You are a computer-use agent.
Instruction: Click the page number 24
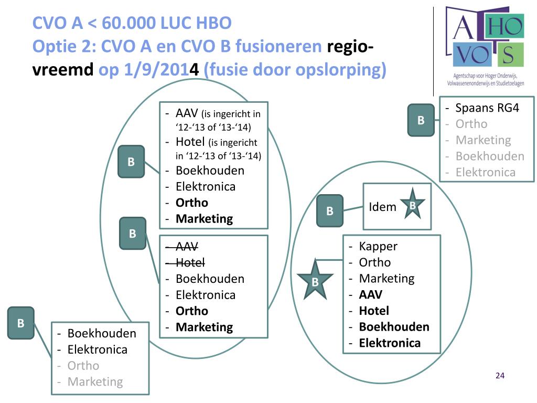(x=500, y=376)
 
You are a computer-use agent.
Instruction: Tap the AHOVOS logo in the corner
(x=485, y=45)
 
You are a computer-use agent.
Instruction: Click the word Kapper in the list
(x=378, y=246)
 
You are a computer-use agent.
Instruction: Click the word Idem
(x=383, y=207)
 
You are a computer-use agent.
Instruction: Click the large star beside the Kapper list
(x=315, y=281)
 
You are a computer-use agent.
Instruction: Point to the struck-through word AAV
(x=187, y=247)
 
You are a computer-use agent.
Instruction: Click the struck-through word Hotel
(x=190, y=262)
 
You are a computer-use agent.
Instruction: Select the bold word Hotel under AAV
(x=374, y=311)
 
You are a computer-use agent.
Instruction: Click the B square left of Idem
(x=330, y=211)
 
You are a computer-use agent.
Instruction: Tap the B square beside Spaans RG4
(x=421, y=120)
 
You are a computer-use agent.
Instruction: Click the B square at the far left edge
(x=21, y=323)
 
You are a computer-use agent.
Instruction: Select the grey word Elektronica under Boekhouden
(x=486, y=172)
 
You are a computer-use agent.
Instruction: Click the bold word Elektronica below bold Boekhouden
(x=390, y=343)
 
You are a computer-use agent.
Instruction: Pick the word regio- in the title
(x=350, y=46)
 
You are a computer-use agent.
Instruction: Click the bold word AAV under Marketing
(x=370, y=294)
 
